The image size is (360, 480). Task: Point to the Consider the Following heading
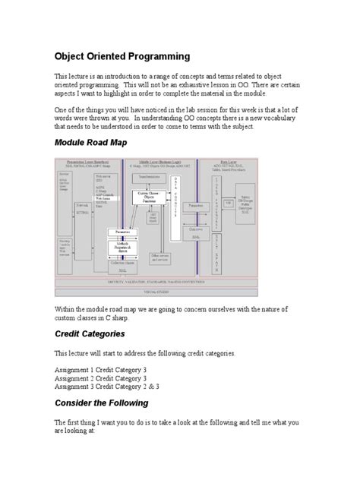pyautogui.click(x=101, y=403)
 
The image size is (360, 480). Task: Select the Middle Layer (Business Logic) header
pyautogui.click(x=161, y=162)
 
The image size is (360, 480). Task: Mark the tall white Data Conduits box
pyautogui.click(x=178, y=201)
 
